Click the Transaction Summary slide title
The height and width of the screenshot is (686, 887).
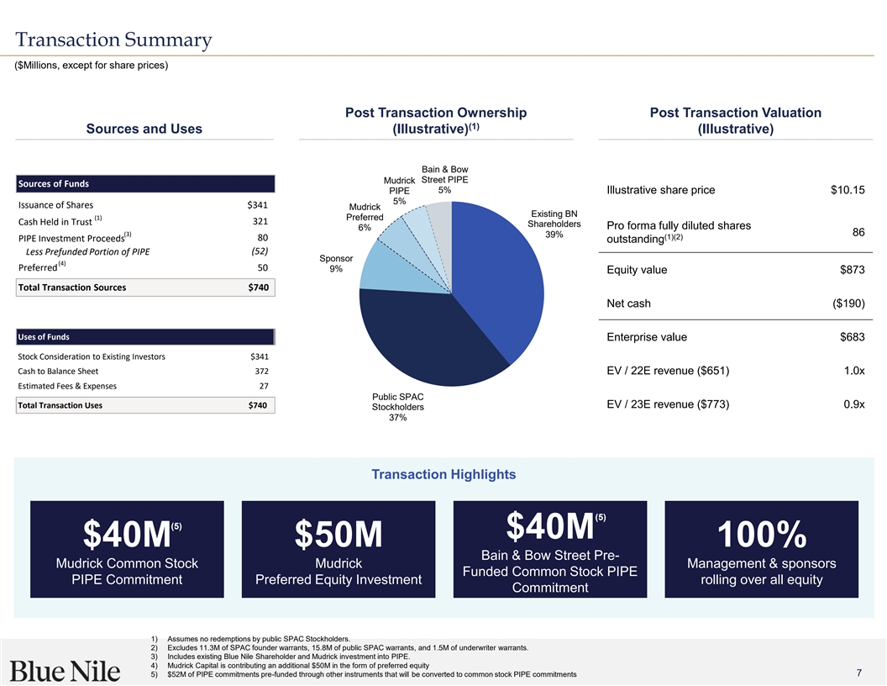(x=113, y=40)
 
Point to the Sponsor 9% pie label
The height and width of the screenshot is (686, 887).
(x=335, y=263)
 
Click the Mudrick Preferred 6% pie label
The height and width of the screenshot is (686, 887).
(x=365, y=218)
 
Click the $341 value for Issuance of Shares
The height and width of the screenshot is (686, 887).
(x=257, y=205)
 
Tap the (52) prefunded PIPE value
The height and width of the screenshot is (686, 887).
(x=259, y=251)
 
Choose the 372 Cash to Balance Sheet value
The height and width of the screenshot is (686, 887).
(x=260, y=372)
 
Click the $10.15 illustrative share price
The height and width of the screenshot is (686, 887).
(x=847, y=189)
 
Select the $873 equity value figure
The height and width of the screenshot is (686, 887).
(x=852, y=270)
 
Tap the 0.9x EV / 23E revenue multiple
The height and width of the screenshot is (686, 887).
(x=853, y=404)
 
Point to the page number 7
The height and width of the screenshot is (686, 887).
(x=859, y=673)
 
